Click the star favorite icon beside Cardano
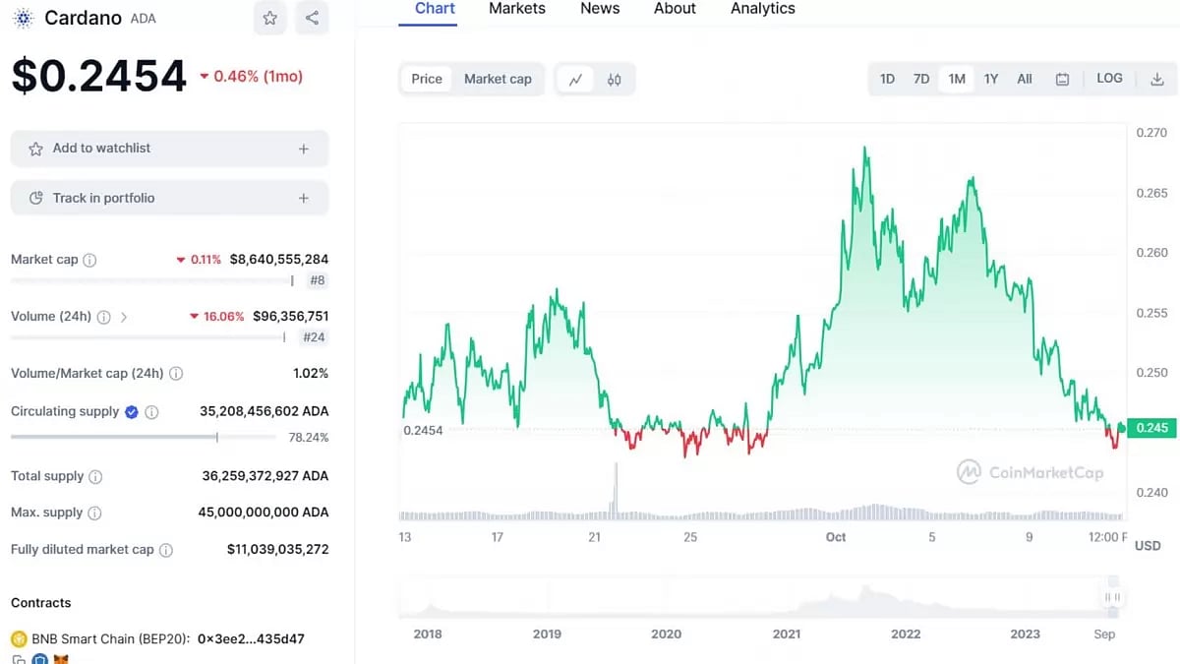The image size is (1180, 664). click(x=270, y=18)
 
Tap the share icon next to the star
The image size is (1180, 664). click(x=312, y=18)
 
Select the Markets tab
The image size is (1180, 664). click(x=516, y=9)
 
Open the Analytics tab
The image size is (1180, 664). click(x=762, y=9)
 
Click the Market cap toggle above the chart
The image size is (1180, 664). click(x=498, y=79)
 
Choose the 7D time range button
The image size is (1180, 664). click(x=921, y=79)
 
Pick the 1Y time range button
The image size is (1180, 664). click(x=991, y=79)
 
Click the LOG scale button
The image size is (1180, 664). click(x=1109, y=79)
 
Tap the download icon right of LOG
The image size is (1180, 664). click(x=1156, y=79)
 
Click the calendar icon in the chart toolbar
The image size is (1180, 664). click(x=1062, y=79)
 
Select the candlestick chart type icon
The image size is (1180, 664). click(x=615, y=80)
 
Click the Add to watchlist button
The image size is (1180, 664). click(x=169, y=149)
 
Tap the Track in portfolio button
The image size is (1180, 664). click(x=169, y=198)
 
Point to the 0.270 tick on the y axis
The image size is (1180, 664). click(x=1151, y=133)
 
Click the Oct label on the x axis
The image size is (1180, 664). click(x=836, y=537)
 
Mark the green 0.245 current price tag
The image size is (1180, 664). click(x=1151, y=428)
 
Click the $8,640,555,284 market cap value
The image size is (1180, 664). click(x=278, y=260)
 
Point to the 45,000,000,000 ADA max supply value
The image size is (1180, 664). click(x=264, y=513)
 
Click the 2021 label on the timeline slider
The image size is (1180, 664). click(x=787, y=634)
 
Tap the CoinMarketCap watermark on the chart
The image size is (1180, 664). click(x=1031, y=472)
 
